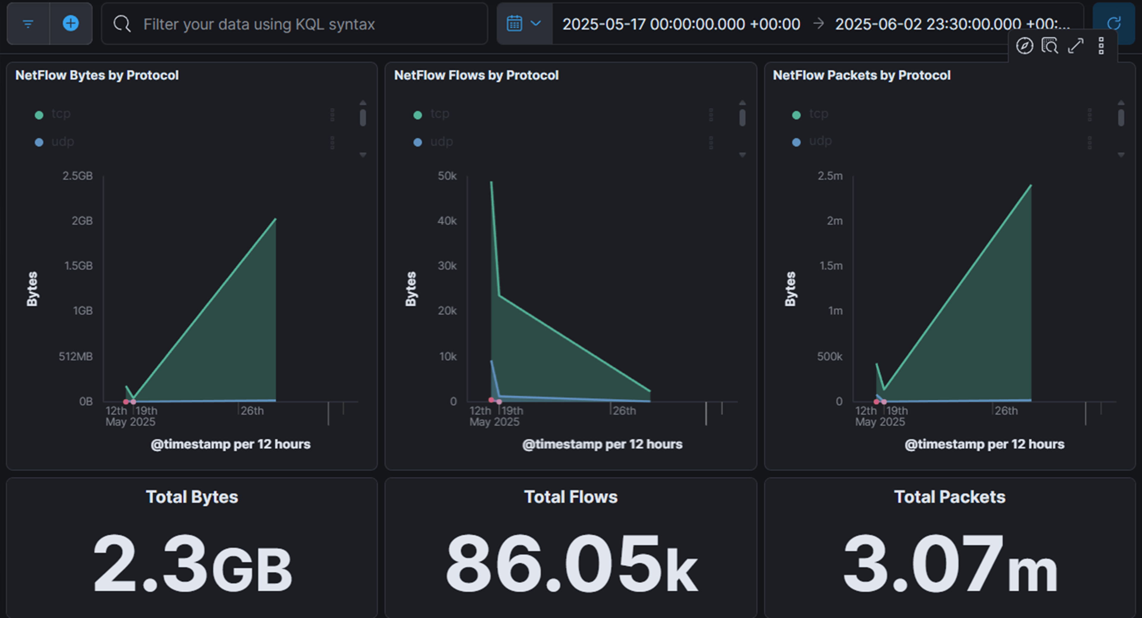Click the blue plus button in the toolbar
point(70,23)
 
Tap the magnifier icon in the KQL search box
point(122,24)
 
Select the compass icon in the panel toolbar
point(1024,46)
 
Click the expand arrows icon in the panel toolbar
point(1075,46)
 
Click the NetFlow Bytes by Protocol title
point(97,75)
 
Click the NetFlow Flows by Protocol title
point(476,75)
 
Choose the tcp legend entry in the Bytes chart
point(61,114)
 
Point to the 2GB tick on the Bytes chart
point(82,221)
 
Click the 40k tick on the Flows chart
point(447,221)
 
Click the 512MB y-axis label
point(76,356)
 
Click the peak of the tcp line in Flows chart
point(491,182)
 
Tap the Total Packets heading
point(949,497)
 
